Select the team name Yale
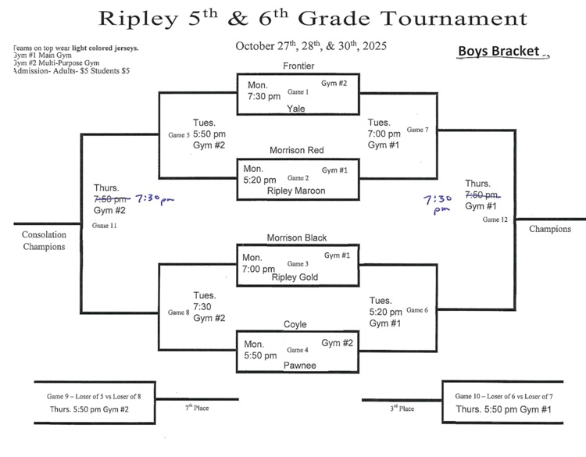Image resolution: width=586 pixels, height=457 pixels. (x=296, y=108)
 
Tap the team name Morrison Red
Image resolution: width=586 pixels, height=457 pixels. (x=296, y=150)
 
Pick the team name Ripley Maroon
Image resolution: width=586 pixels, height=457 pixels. (x=296, y=190)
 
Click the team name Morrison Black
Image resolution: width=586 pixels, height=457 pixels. (x=296, y=237)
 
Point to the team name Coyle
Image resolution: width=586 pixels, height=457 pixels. (x=295, y=324)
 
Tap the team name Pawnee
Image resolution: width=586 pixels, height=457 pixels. (x=298, y=362)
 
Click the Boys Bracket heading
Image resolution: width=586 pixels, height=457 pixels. (x=499, y=52)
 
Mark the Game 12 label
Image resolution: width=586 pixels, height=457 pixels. (x=495, y=220)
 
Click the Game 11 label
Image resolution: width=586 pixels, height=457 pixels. (x=104, y=225)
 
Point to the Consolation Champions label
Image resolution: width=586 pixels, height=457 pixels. (x=44, y=241)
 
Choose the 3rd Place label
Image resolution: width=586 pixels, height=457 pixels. (x=401, y=408)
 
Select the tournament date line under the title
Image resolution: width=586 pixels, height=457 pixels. (x=311, y=46)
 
